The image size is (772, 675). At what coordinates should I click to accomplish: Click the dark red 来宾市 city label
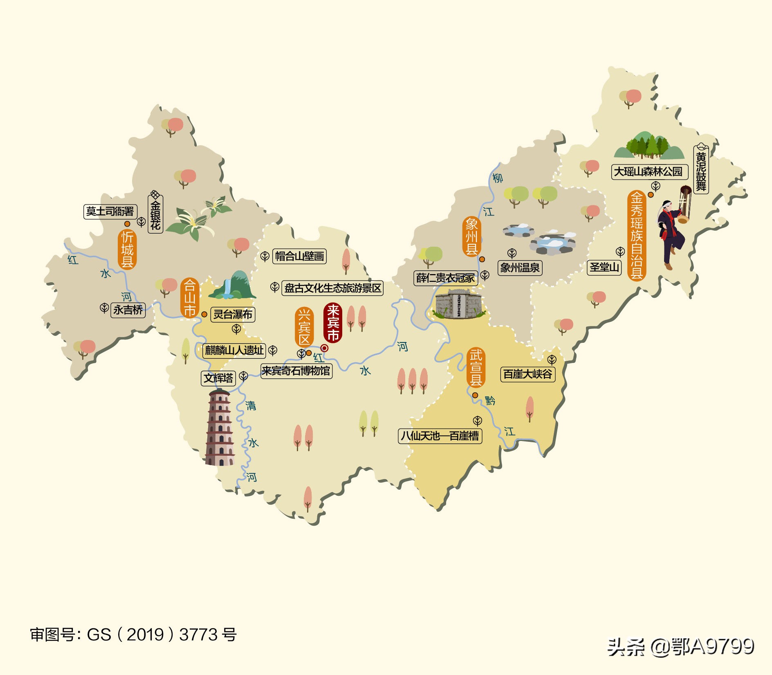(x=333, y=323)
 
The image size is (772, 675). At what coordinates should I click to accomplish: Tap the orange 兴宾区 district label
(x=304, y=327)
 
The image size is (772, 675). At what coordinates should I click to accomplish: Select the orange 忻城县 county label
(x=127, y=249)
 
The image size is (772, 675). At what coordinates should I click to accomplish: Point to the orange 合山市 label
(x=189, y=297)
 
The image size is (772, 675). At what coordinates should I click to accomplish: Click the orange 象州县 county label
(x=471, y=236)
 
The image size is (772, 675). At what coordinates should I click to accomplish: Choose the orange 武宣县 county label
(x=476, y=367)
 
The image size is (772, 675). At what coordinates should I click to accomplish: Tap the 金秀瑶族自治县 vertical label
(x=636, y=235)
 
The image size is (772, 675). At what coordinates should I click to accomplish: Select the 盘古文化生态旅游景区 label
(x=332, y=288)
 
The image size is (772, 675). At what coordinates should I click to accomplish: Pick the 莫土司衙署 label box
(x=110, y=211)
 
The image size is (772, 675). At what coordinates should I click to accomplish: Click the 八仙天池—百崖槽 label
(x=440, y=436)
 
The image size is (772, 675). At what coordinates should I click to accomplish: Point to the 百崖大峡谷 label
(x=527, y=374)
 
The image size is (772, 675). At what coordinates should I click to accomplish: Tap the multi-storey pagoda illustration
(x=220, y=427)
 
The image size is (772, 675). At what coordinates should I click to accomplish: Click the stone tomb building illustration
(x=458, y=304)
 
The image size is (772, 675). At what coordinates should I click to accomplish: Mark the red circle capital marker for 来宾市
(x=324, y=348)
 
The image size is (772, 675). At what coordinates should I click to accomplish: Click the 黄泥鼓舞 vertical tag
(x=701, y=169)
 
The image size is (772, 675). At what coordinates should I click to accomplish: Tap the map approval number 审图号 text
(x=133, y=634)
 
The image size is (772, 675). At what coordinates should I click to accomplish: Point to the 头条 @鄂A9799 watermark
(x=680, y=647)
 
